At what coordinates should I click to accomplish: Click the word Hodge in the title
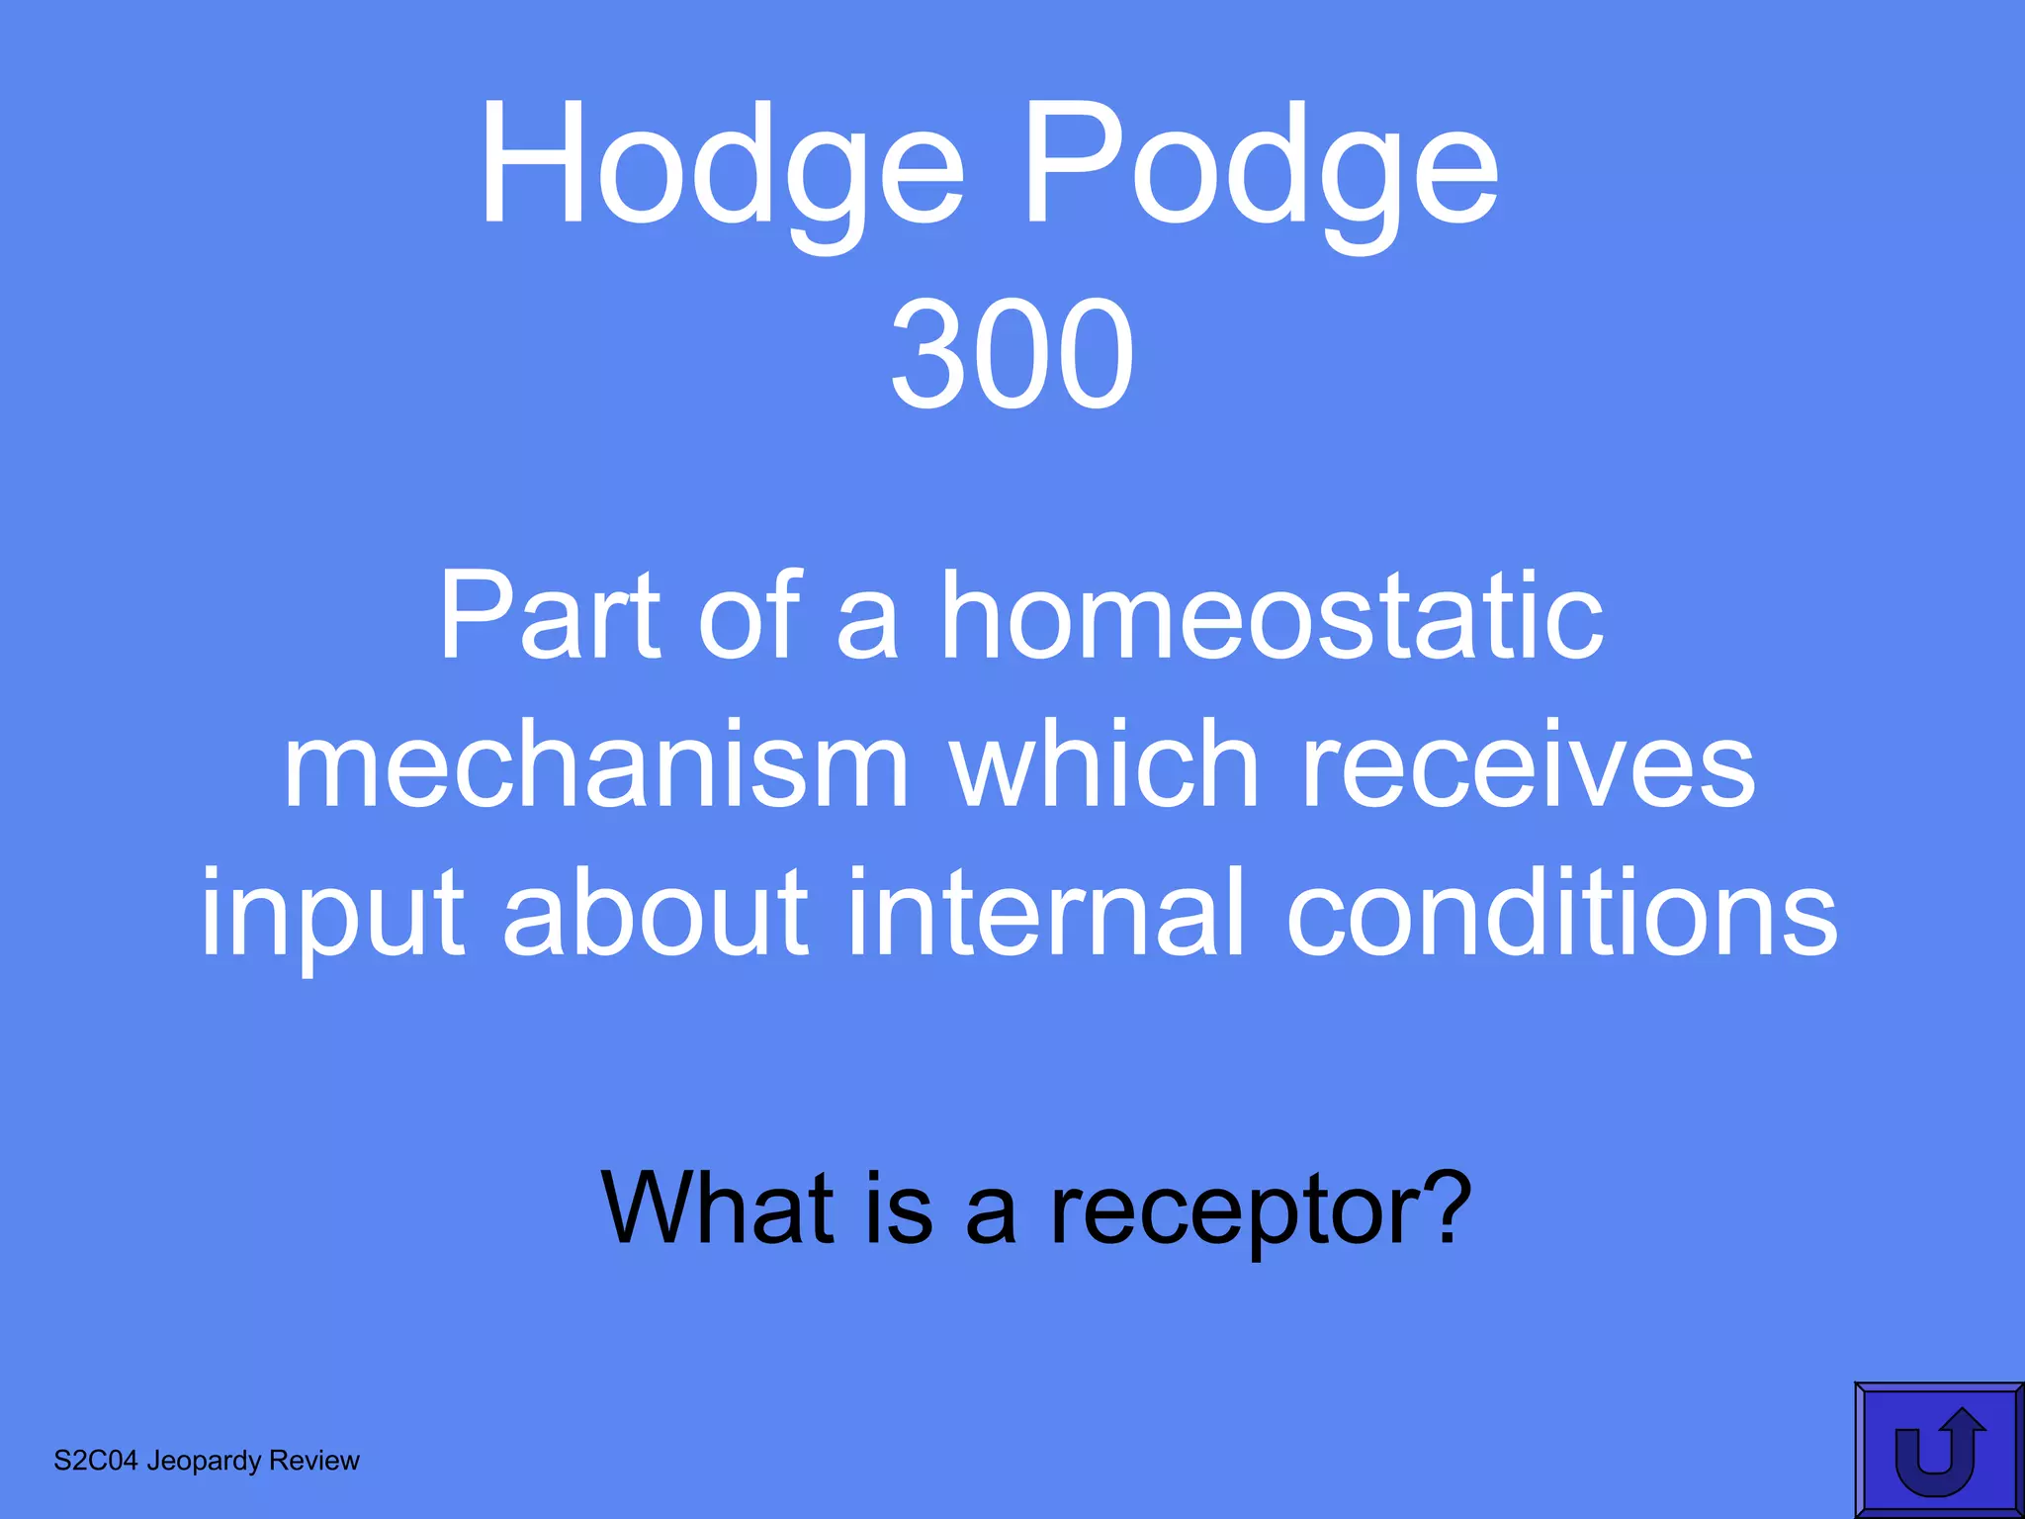point(721,168)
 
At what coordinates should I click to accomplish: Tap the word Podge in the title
point(1260,168)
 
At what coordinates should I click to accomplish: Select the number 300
point(1012,355)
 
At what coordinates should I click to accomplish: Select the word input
point(332,914)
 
